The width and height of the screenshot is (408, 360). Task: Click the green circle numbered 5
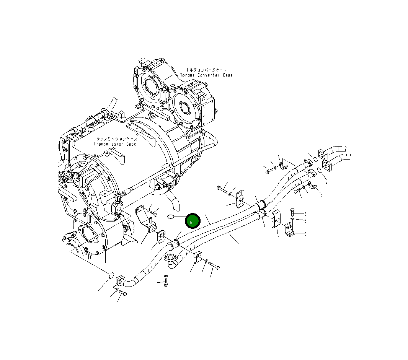click(x=193, y=221)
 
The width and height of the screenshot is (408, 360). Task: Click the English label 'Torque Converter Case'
click(x=206, y=75)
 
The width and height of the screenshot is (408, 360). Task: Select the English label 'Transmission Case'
click(x=115, y=144)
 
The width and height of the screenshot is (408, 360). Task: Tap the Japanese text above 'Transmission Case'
click(x=115, y=139)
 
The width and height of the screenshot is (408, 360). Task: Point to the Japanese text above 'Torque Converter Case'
click(x=207, y=70)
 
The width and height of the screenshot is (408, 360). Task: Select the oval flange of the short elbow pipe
click(x=171, y=259)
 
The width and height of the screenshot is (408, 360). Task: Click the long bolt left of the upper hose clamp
click(x=222, y=189)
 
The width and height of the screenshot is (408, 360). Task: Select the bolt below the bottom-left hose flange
click(x=122, y=293)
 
